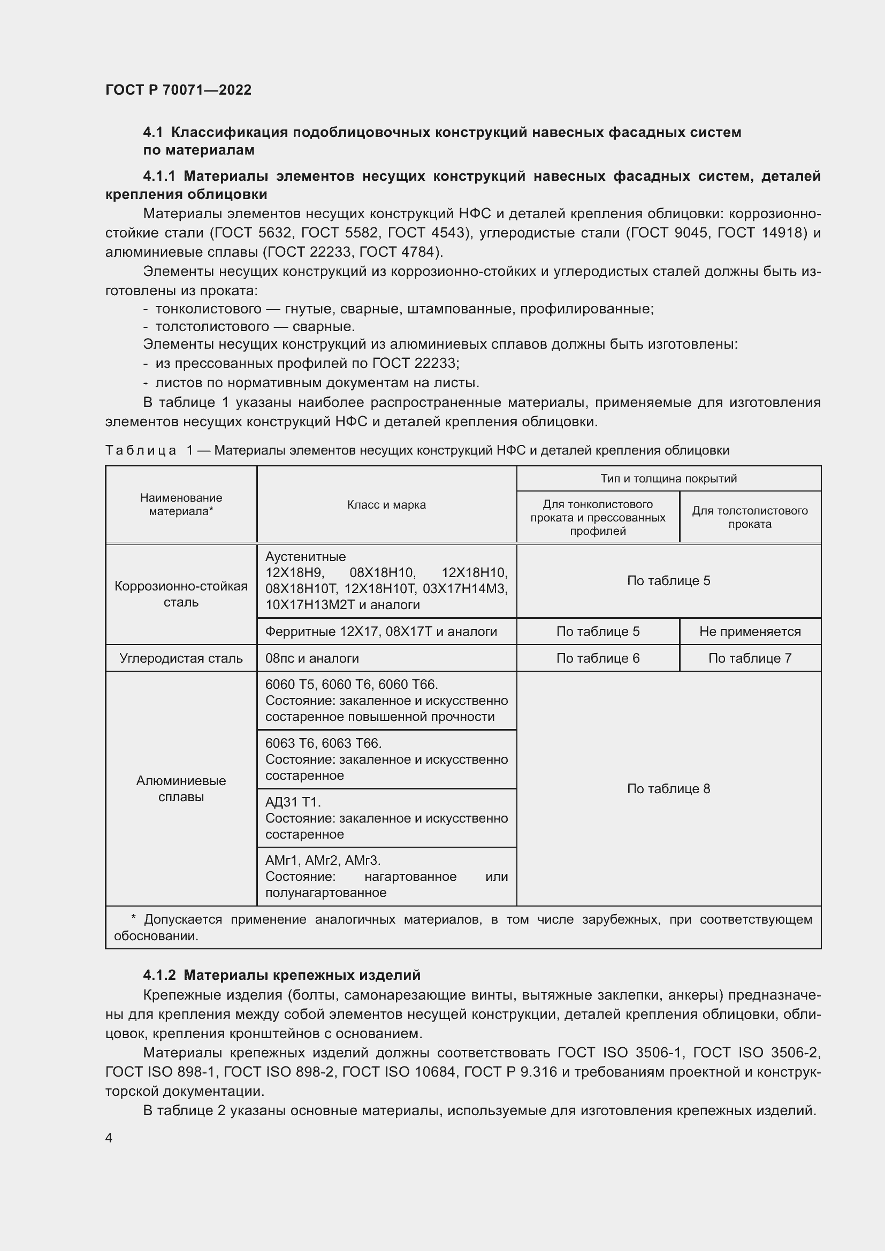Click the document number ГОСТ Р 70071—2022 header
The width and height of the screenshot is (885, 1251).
[x=178, y=90]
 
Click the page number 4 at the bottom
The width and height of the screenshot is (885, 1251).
[x=109, y=1138]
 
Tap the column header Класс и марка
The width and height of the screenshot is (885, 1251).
[x=386, y=504]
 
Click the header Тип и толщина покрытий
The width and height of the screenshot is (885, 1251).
[x=668, y=478]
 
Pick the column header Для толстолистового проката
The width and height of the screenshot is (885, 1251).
[x=749, y=517]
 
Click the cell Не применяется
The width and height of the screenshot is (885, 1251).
[x=749, y=632]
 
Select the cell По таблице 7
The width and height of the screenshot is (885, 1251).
[x=749, y=658]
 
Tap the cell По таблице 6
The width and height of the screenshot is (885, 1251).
[x=597, y=658]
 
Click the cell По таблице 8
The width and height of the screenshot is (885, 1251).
[x=668, y=788]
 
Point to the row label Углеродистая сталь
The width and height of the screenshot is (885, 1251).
[x=181, y=658]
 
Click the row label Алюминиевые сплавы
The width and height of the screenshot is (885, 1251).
[x=181, y=788]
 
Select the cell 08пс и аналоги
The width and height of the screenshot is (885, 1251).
[x=312, y=658]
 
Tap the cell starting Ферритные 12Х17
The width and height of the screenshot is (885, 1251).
[x=380, y=632]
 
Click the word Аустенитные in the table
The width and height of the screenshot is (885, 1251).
[x=305, y=557]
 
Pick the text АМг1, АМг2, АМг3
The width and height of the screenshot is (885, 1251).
[x=323, y=861]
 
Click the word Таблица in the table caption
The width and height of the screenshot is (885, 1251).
[x=141, y=450]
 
